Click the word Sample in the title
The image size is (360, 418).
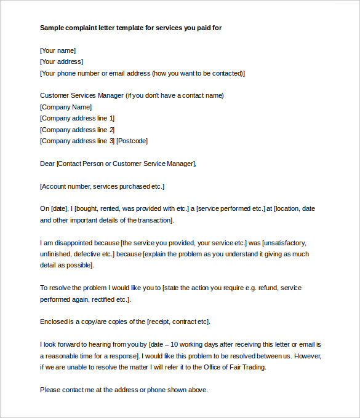point(52,28)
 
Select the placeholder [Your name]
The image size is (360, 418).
point(58,50)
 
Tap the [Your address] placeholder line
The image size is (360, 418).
point(62,61)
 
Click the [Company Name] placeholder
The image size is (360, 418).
point(65,107)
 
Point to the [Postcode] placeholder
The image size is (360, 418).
point(132,141)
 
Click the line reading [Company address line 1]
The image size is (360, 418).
point(78,118)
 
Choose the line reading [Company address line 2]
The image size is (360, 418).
point(78,130)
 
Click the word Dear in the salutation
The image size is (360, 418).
point(47,164)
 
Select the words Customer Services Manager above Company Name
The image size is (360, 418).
point(81,95)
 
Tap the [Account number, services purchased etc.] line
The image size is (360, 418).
point(102,186)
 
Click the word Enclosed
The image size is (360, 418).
point(54,321)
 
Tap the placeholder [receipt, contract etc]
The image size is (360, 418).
point(178,321)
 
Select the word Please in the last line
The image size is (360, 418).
point(50,390)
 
